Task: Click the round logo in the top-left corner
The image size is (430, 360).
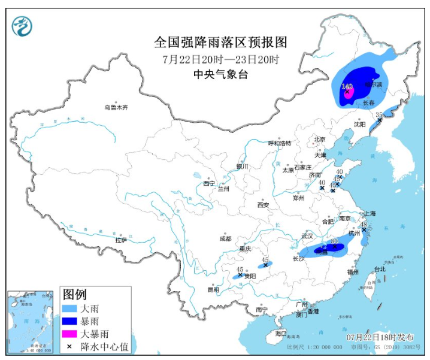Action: coord(22,26)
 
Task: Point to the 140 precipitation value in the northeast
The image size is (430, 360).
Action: coord(347,87)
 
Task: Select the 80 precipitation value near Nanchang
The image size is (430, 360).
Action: coord(334,243)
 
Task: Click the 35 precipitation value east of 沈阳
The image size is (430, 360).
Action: coord(378,114)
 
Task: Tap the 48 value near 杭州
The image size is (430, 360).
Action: coord(363,225)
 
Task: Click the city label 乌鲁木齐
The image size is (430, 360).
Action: coord(116,108)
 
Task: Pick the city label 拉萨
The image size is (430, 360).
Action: coord(121,240)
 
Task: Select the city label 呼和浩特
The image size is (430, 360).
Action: coord(279,143)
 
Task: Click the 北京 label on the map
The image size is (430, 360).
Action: coord(319,140)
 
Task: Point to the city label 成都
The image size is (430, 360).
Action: coord(225,238)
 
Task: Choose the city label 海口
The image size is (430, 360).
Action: coord(281,334)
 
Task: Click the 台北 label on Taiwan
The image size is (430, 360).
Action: coord(379,270)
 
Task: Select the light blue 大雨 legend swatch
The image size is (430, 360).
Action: coord(70,309)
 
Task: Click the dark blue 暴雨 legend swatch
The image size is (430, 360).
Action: coord(70,321)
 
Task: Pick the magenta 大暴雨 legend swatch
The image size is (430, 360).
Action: coord(70,334)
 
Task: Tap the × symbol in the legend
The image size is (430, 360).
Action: coord(70,346)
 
